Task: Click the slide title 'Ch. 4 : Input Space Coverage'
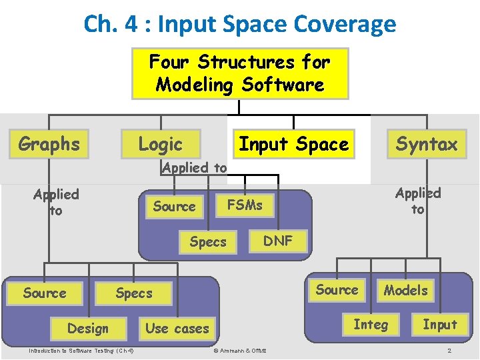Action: tap(240, 24)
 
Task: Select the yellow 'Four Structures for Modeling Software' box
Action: tap(239, 73)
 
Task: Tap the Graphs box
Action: tap(49, 144)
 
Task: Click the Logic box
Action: tap(160, 144)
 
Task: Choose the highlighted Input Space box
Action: tap(294, 144)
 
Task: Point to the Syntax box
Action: tap(427, 144)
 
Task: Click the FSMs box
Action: tap(245, 205)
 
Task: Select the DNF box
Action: tap(278, 241)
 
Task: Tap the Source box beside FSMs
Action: tap(174, 207)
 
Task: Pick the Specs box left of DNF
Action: tap(208, 242)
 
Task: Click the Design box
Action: tap(87, 328)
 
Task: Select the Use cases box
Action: tap(177, 328)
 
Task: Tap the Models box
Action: tap(405, 290)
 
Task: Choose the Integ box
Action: tap(371, 325)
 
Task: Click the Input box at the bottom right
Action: tap(440, 325)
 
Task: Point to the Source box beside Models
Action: tap(337, 289)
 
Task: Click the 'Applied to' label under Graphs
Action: tap(56, 202)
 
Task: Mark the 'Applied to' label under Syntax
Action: tap(418, 201)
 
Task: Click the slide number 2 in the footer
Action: tap(449, 351)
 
